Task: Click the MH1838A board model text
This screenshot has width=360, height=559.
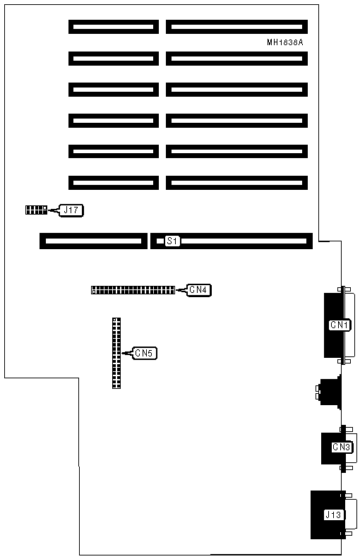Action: pos(284,42)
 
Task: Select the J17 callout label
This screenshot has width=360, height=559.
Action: pos(71,210)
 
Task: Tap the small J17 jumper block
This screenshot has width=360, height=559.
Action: pos(36,210)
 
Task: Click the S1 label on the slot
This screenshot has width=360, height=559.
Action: pos(172,241)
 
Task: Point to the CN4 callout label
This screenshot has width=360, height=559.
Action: pos(198,290)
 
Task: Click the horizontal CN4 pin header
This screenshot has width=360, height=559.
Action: pos(133,290)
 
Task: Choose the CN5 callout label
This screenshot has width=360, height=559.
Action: pos(144,353)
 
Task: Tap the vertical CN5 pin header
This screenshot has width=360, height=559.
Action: pos(116,353)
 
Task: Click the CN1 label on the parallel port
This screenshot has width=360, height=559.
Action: pos(340,325)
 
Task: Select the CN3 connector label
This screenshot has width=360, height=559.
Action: pos(342,447)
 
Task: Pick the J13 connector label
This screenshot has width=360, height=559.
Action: pos(333,515)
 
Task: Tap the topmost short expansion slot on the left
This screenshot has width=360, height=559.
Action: pos(114,27)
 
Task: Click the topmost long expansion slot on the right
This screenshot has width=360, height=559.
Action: pos(236,27)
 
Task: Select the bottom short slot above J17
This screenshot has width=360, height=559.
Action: pos(114,183)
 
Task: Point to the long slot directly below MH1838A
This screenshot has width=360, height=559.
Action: pos(236,59)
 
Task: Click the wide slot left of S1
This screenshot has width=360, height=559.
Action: pos(93,241)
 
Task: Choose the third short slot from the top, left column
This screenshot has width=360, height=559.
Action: pos(114,90)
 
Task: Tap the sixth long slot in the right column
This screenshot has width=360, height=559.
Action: pos(236,183)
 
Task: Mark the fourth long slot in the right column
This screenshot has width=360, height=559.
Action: pos(236,121)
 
